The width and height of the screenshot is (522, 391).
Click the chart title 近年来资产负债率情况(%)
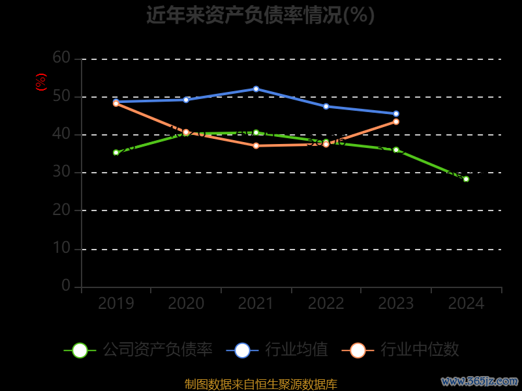point(260,15)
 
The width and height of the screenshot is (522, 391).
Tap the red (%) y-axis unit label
point(41,82)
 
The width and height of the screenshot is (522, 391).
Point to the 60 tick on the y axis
point(61,58)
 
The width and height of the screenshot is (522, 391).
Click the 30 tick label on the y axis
point(61,172)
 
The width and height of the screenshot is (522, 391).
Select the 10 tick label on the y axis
point(61,248)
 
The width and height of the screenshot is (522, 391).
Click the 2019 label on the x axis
point(116,303)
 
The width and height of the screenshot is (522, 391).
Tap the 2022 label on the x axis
point(326,303)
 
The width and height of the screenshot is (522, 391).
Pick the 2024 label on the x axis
point(467,303)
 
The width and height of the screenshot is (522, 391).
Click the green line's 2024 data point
point(466,179)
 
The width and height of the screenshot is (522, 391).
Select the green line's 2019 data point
point(116,152)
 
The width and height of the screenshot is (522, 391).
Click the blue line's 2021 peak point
point(256,89)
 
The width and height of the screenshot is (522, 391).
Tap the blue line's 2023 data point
point(396,114)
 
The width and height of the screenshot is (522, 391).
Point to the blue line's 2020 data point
point(186,100)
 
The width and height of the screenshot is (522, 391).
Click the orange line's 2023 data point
point(396,121)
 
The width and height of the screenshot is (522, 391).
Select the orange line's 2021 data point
point(256,145)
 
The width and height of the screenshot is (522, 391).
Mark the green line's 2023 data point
point(396,150)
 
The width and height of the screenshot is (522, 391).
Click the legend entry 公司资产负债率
point(138,350)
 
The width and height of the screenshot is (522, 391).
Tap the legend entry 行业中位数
point(401,350)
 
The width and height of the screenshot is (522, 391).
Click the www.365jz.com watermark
point(480,381)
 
